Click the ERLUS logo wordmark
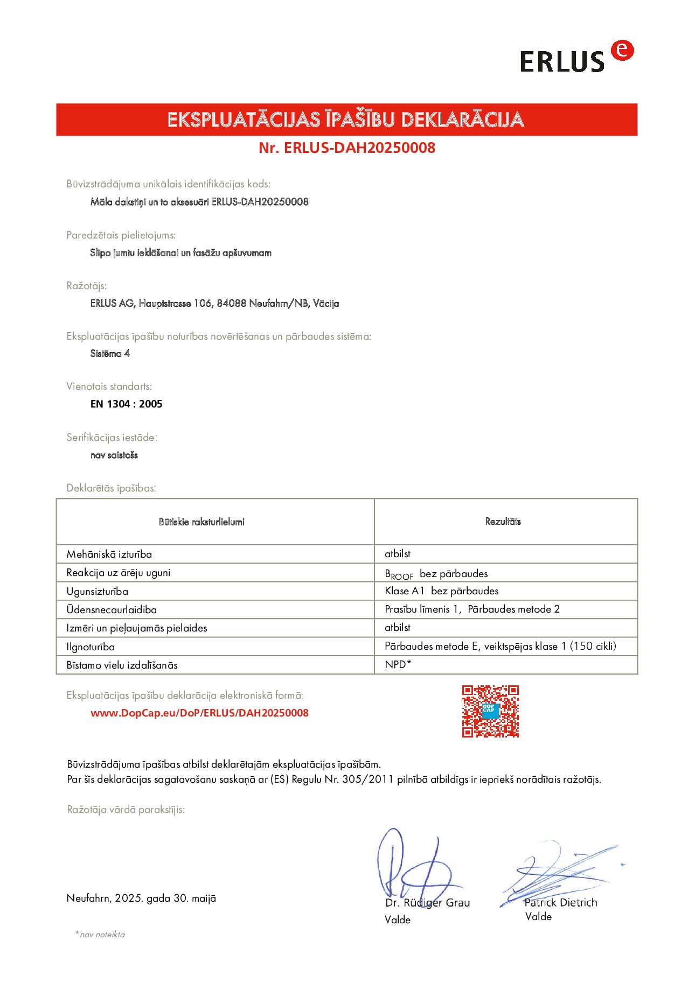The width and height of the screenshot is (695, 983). click(x=562, y=61)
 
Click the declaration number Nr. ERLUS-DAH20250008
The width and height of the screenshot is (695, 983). click(x=346, y=148)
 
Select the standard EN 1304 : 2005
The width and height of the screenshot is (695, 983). click(x=126, y=404)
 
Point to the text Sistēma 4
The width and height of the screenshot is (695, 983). click(x=110, y=353)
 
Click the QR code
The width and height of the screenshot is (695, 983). click(x=490, y=711)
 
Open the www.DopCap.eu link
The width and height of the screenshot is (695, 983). click(x=199, y=713)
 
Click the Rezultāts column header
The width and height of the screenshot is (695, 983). click(x=503, y=521)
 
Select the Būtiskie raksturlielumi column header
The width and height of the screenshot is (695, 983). click(x=201, y=521)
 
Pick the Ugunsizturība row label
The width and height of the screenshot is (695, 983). click(x=97, y=591)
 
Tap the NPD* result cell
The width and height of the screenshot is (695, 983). click(x=398, y=664)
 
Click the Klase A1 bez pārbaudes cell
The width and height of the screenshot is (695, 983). click(x=441, y=591)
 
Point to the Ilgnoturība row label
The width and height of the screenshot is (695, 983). click(x=91, y=647)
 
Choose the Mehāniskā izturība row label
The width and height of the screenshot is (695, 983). click(x=109, y=554)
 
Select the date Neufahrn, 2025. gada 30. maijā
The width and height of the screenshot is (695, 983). click(x=141, y=898)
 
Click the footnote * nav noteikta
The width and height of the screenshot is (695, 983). click(x=100, y=935)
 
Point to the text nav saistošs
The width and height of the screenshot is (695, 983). click(x=114, y=455)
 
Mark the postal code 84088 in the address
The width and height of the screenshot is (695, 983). click(x=231, y=303)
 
